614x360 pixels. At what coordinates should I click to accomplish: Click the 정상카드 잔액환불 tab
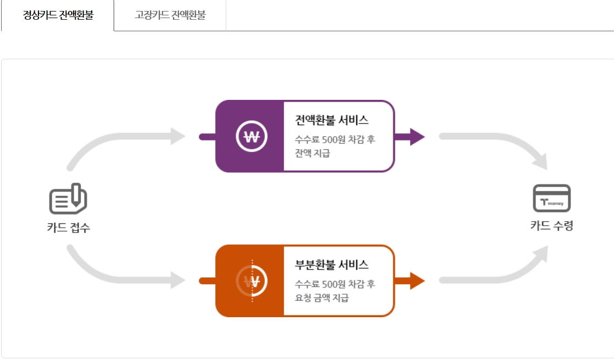pyautogui.click(x=58, y=15)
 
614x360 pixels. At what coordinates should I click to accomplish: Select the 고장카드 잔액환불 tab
pyautogui.click(x=170, y=15)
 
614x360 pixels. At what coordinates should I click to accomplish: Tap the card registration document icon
pyautogui.click(x=68, y=199)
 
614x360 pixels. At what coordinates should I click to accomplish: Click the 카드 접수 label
pyautogui.click(x=68, y=228)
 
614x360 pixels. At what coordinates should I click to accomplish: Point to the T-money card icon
pyautogui.click(x=552, y=198)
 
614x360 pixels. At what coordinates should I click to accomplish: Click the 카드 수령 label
pyautogui.click(x=551, y=226)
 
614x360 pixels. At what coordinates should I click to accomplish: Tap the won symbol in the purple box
pyautogui.click(x=251, y=137)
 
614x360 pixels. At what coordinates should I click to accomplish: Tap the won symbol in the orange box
pyautogui.click(x=251, y=282)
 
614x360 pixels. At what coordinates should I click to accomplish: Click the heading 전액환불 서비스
pyautogui.click(x=332, y=120)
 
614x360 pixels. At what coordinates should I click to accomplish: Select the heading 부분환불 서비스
pyautogui.click(x=332, y=265)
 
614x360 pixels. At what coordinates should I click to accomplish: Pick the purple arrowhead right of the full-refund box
pyautogui.click(x=416, y=137)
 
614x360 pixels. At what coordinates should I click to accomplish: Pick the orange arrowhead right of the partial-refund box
pyautogui.click(x=416, y=281)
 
